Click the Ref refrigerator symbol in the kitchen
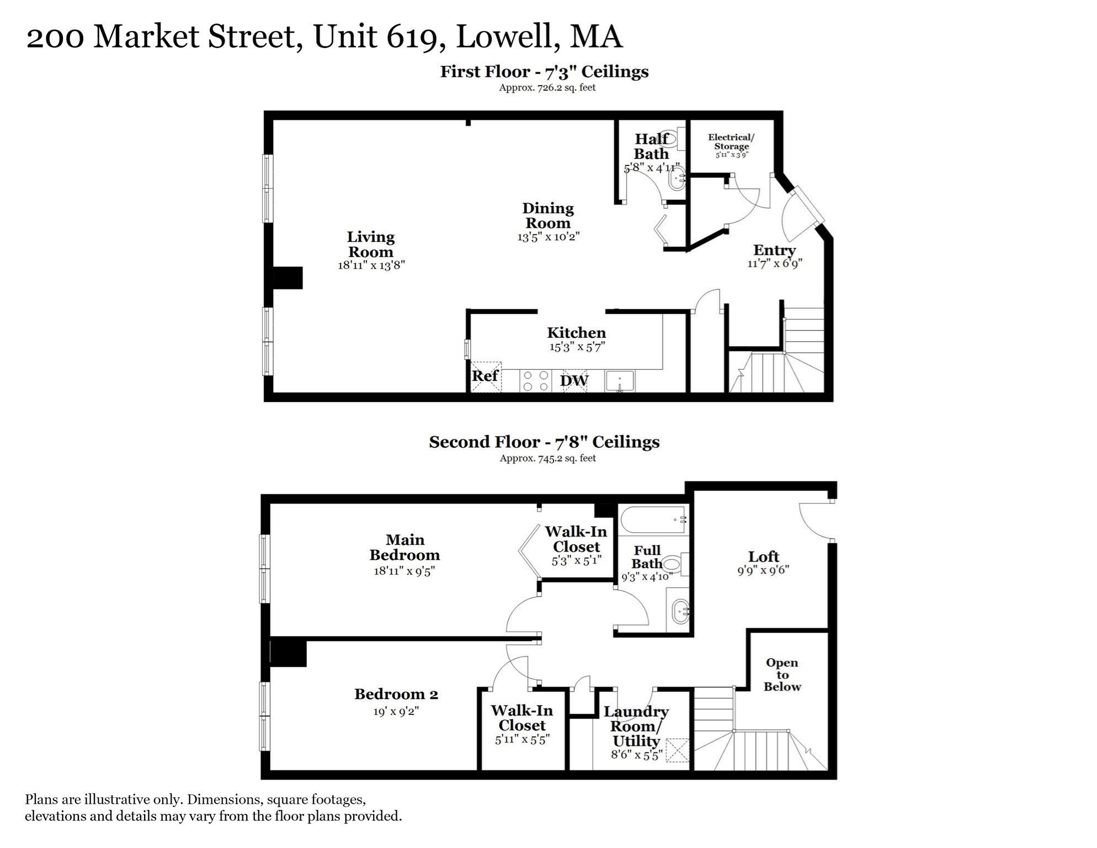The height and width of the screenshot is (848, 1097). (x=486, y=377)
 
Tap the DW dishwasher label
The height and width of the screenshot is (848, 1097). (x=574, y=380)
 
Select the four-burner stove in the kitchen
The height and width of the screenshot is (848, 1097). (x=536, y=381)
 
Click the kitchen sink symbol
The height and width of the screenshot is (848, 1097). (x=620, y=381)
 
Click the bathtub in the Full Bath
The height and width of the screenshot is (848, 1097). (x=653, y=520)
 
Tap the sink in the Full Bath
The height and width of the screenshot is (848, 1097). (x=679, y=611)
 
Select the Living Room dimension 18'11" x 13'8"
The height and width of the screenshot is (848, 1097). (x=371, y=265)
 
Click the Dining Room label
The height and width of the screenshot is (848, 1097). (x=548, y=216)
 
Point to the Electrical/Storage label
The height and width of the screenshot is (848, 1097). (x=731, y=142)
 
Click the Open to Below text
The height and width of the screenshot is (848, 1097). (x=782, y=675)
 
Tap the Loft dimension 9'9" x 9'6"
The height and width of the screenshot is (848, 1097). (x=763, y=570)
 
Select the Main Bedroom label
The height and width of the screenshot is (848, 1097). (x=404, y=547)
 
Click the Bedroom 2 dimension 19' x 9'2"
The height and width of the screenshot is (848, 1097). (x=396, y=712)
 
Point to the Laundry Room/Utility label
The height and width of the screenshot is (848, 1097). (x=636, y=726)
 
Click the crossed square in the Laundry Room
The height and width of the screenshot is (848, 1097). (x=678, y=750)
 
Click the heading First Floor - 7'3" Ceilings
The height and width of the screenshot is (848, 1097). (x=544, y=72)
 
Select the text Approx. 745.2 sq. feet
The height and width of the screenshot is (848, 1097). (x=547, y=458)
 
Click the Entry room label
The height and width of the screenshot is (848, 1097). (x=774, y=250)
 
